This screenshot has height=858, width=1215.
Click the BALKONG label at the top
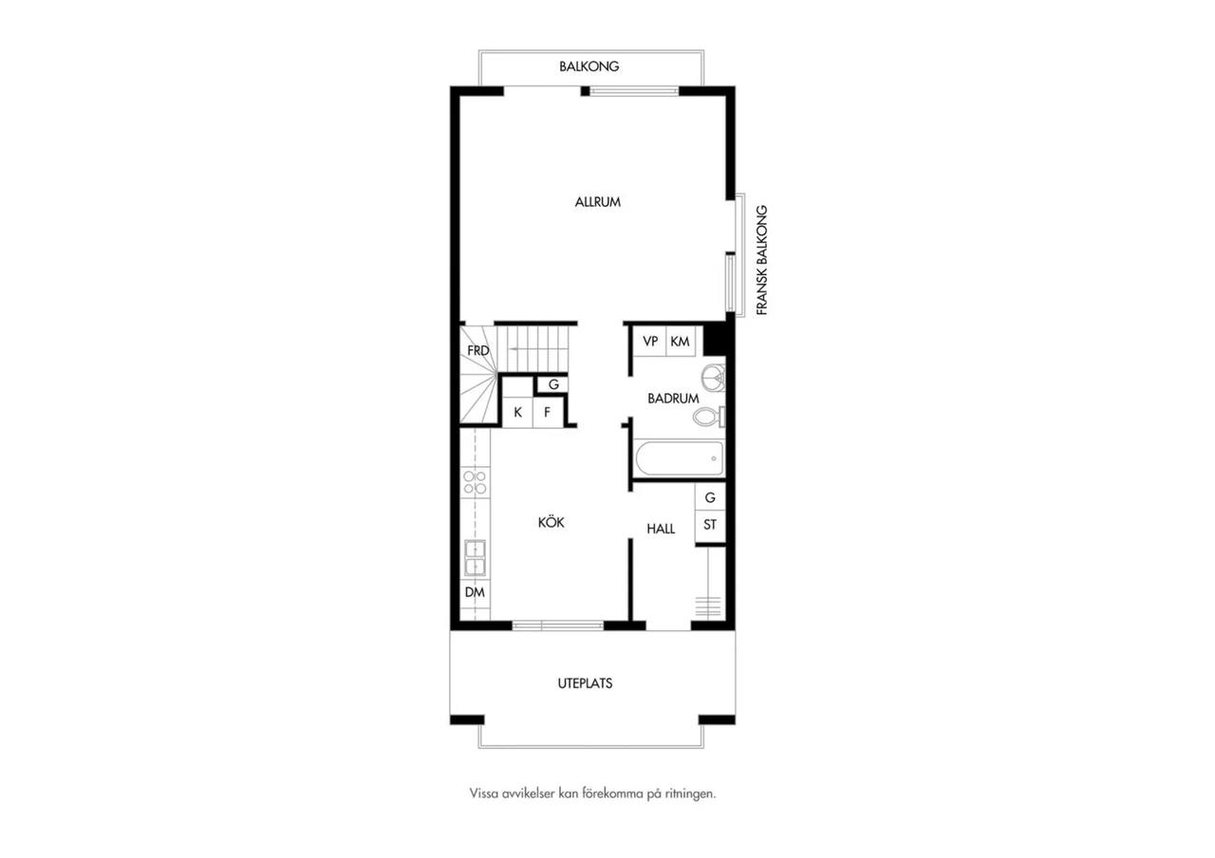(x=589, y=66)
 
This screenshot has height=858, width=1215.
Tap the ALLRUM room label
(x=597, y=202)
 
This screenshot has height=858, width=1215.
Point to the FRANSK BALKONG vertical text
(x=762, y=260)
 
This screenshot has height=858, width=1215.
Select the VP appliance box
(x=650, y=341)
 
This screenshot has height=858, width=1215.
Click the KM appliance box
(x=681, y=341)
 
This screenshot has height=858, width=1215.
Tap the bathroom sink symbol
(x=713, y=376)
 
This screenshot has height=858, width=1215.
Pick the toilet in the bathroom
(x=709, y=417)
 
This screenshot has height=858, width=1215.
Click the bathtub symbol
(x=680, y=458)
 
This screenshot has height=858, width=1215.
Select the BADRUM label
(x=673, y=399)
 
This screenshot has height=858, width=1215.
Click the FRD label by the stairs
(x=477, y=351)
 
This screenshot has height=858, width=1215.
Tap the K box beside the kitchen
(x=517, y=412)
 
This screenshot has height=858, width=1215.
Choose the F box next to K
(x=548, y=412)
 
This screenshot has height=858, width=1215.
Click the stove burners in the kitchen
(x=476, y=483)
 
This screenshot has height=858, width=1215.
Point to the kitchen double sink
(x=476, y=557)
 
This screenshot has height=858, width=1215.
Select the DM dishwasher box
(x=476, y=592)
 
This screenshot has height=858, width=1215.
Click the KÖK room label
(x=551, y=522)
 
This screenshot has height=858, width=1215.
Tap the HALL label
(x=661, y=529)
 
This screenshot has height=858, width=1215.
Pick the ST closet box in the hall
(x=710, y=525)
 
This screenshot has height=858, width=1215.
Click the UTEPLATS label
(x=586, y=683)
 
